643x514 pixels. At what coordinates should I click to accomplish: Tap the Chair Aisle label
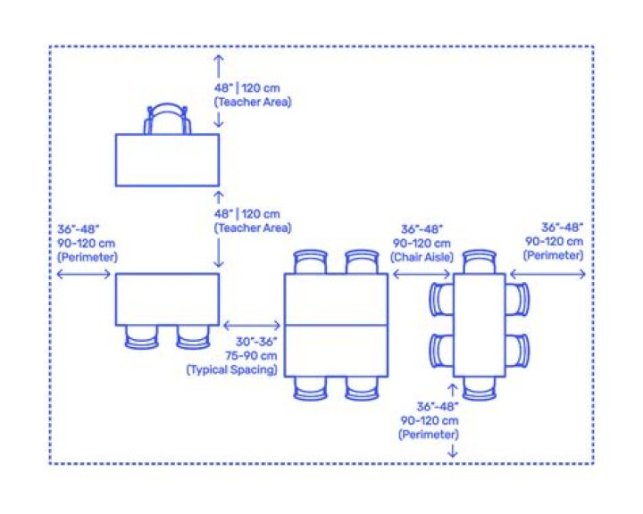coord(422,257)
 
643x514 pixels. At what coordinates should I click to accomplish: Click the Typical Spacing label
coord(232,369)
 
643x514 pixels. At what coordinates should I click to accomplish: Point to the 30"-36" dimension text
coord(256,342)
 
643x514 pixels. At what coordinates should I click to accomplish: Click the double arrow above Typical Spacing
coord(252,326)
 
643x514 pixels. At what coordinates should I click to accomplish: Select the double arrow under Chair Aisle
coord(422,274)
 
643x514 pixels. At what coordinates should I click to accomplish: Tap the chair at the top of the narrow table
coord(480,261)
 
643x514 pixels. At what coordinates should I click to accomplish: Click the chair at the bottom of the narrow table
coord(480,388)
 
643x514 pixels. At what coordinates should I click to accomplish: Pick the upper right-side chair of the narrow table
coord(517,300)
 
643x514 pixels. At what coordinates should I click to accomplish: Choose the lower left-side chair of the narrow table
coord(441,351)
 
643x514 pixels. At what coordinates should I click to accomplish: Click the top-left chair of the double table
coord(311,261)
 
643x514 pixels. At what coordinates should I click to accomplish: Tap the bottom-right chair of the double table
coord(362,388)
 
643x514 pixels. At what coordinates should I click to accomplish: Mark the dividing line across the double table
coord(337,326)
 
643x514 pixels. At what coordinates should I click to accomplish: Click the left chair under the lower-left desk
coord(141,337)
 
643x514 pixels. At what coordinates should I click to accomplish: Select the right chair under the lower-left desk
coord(193,337)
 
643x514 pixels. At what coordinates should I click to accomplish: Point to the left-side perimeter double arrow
coord(84,274)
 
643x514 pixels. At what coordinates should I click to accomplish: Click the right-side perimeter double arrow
coord(547,274)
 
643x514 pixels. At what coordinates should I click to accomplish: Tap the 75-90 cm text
coord(251,355)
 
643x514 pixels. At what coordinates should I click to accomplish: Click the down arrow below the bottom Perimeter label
coord(452,451)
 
